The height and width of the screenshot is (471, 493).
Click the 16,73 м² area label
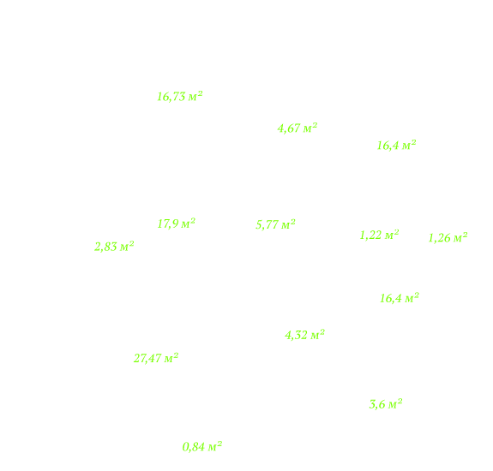coord(179,97)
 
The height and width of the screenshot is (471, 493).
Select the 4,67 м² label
coord(298,128)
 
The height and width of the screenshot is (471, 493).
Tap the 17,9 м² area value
coord(176,224)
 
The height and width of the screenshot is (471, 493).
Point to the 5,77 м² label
coord(275,224)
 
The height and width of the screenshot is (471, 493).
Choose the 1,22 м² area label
coord(379,235)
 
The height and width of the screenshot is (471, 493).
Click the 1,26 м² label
coord(448,238)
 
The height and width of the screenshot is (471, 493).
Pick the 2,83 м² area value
coord(114,247)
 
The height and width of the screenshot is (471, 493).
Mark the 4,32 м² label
coord(304,335)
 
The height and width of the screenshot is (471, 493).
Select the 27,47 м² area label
coord(156,358)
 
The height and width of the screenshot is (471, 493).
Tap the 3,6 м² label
coord(386,404)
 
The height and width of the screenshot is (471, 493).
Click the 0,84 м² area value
coord(202,446)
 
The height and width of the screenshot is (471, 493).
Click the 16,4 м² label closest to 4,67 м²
coord(396,146)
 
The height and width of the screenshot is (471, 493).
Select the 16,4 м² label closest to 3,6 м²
coord(400,298)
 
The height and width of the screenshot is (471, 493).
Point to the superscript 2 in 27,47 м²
coord(176,355)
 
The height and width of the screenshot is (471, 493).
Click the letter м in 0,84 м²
coord(213,447)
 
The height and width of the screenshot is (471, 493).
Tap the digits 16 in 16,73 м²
coord(164,97)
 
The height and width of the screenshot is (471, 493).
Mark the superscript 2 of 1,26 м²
coord(465,235)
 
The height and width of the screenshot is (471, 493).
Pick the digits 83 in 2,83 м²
coord(111,247)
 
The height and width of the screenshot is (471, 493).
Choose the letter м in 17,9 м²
coord(185,224)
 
